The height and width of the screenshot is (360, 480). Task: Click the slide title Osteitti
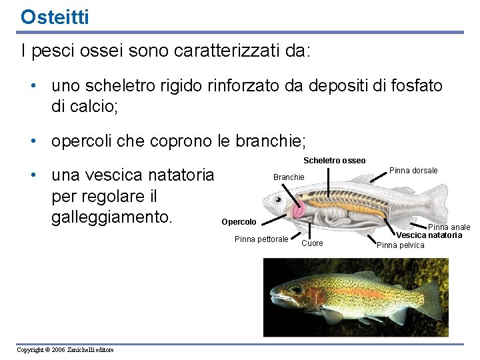(x=54, y=17)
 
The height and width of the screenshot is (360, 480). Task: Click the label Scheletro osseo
(x=334, y=161)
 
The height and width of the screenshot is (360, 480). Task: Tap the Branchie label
(x=289, y=177)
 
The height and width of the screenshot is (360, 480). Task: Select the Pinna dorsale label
(x=413, y=171)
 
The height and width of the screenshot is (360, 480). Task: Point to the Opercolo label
(x=239, y=222)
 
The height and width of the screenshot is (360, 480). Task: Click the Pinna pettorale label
(x=261, y=239)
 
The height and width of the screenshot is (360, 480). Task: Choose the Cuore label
(x=312, y=243)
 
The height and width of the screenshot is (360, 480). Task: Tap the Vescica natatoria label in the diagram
(x=429, y=235)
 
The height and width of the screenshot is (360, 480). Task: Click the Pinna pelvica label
(x=400, y=245)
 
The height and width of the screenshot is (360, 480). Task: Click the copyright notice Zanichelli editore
(x=65, y=350)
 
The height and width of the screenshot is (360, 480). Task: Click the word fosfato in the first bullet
(x=409, y=86)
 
